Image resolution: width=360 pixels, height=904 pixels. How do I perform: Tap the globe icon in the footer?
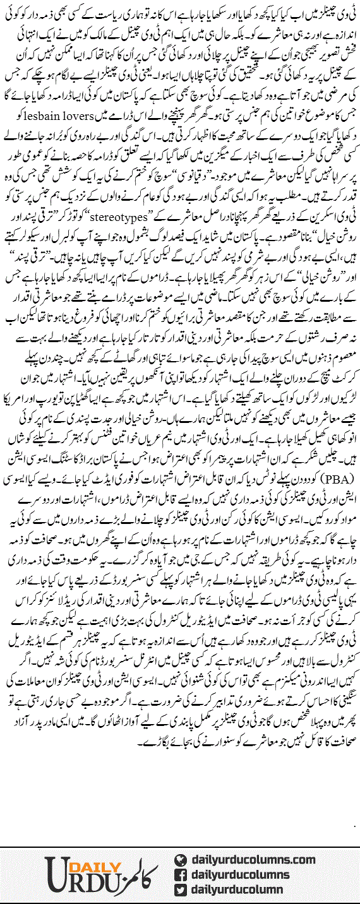pyautogui.click(x=180, y=859)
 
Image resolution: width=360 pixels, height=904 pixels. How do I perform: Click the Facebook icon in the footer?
pyautogui.click(x=180, y=874)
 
